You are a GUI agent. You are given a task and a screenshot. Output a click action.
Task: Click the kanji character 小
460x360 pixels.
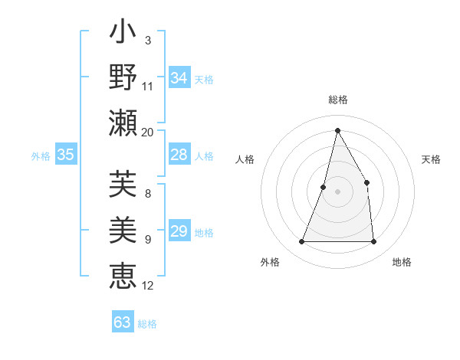[x=123, y=34]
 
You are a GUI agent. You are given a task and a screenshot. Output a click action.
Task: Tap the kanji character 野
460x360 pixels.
[x=123, y=78]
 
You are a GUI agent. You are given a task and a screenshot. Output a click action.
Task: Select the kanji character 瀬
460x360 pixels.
[x=123, y=123]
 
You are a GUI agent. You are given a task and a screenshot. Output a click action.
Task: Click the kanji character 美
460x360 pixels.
[x=123, y=230]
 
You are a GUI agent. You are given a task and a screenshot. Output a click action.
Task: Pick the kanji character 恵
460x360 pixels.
[x=123, y=274]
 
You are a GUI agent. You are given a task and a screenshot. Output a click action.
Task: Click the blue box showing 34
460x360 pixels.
[x=179, y=78]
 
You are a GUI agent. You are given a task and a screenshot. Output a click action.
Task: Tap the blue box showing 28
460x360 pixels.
[x=179, y=155]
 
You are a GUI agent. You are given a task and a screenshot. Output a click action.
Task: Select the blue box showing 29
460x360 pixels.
[x=179, y=232]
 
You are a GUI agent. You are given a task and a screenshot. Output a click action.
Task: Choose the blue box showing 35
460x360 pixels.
[x=65, y=155]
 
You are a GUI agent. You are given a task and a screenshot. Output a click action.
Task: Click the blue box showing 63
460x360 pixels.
[x=123, y=322]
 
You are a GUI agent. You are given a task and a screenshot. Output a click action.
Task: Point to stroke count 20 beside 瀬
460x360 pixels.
[x=148, y=132]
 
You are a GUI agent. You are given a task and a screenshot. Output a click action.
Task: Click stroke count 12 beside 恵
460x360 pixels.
[x=148, y=286]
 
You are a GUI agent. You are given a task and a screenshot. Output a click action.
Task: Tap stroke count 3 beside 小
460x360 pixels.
[x=147, y=40]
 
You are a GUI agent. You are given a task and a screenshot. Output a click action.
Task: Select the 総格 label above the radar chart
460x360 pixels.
[x=337, y=100]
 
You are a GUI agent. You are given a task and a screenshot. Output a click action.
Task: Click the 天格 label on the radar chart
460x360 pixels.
[x=432, y=159]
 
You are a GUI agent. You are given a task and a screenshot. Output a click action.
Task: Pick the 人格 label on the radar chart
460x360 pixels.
[x=245, y=159]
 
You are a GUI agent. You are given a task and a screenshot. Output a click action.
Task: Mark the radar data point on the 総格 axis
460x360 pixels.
[x=337, y=129]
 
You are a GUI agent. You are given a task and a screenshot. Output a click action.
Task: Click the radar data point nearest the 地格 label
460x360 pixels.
[x=373, y=242]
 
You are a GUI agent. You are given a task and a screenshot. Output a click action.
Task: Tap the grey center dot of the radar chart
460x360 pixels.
[x=337, y=192]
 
